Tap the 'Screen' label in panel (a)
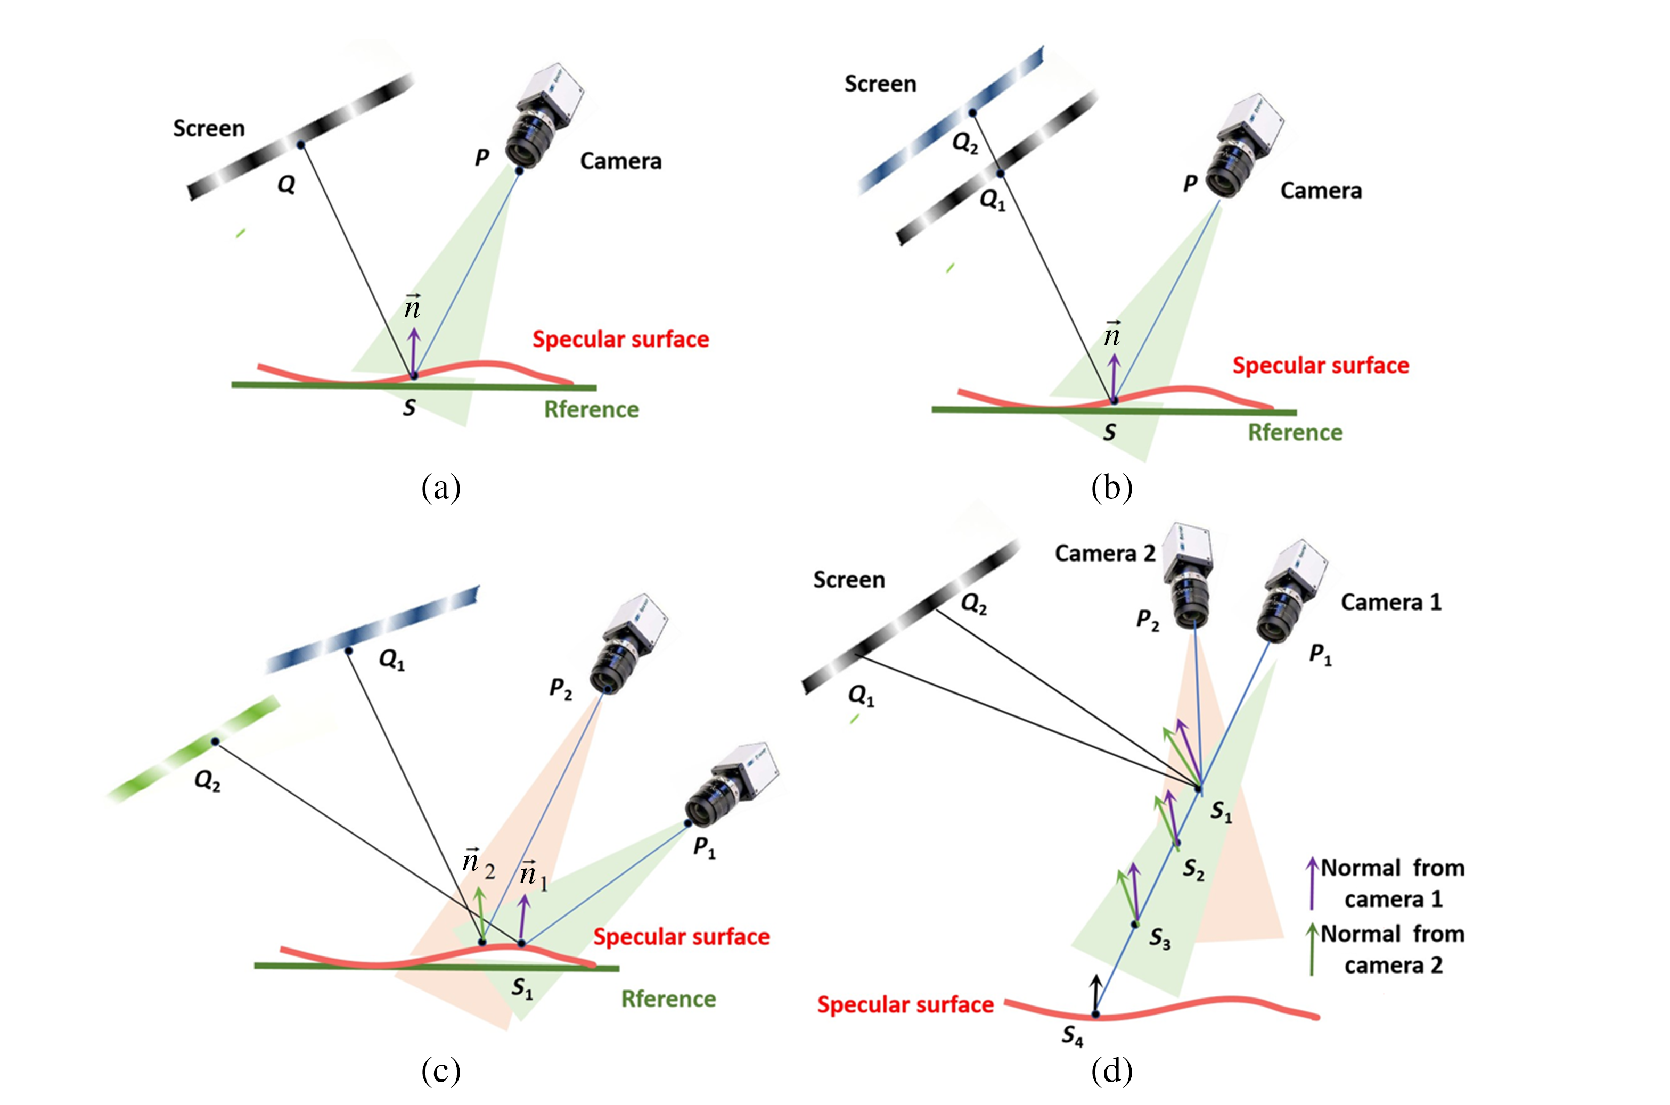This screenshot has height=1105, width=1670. (209, 128)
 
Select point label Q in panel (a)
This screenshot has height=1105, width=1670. (285, 185)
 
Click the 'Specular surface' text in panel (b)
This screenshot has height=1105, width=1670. (1320, 365)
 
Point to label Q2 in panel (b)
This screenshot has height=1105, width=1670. (964, 143)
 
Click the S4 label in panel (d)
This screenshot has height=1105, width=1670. (1072, 1036)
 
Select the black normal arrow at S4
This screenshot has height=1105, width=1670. (1095, 994)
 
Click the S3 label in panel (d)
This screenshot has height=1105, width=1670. (1160, 939)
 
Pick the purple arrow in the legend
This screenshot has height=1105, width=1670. (1312, 883)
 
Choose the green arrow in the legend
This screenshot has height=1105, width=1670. (1312, 949)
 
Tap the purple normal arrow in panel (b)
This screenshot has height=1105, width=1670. (1114, 377)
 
